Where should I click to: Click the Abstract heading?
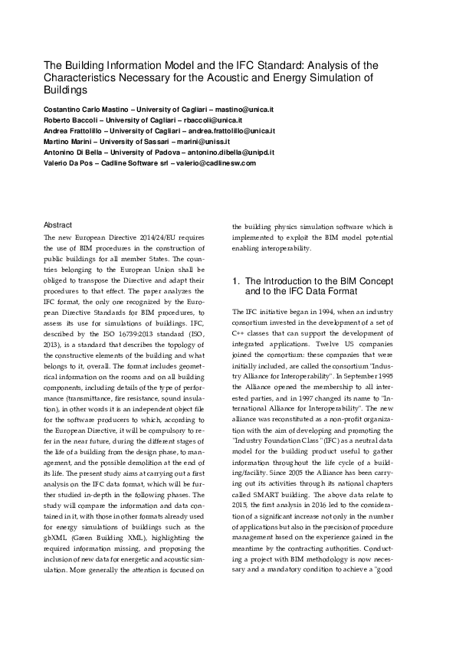pos(58,225)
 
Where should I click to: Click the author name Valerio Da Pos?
pos(70,164)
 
